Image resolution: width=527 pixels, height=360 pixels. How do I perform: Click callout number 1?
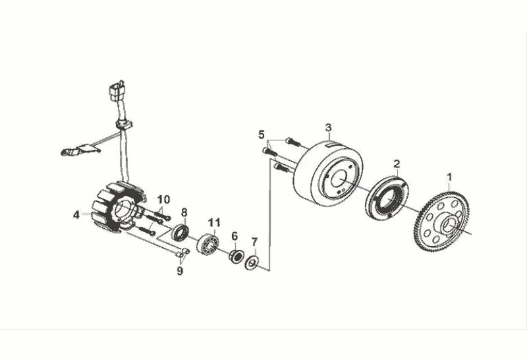tap(450, 177)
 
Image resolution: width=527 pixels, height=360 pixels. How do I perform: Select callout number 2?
tap(397, 163)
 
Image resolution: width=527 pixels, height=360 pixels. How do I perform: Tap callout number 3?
tap(328, 127)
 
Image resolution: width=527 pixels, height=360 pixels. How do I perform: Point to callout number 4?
tap(76, 214)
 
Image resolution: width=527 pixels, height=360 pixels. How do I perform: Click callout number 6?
tap(234, 236)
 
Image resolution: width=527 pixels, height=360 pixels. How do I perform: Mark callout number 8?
tap(184, 212)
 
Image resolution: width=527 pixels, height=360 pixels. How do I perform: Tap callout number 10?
tap(163, 198)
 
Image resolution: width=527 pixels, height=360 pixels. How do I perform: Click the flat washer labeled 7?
tap(252, 264)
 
